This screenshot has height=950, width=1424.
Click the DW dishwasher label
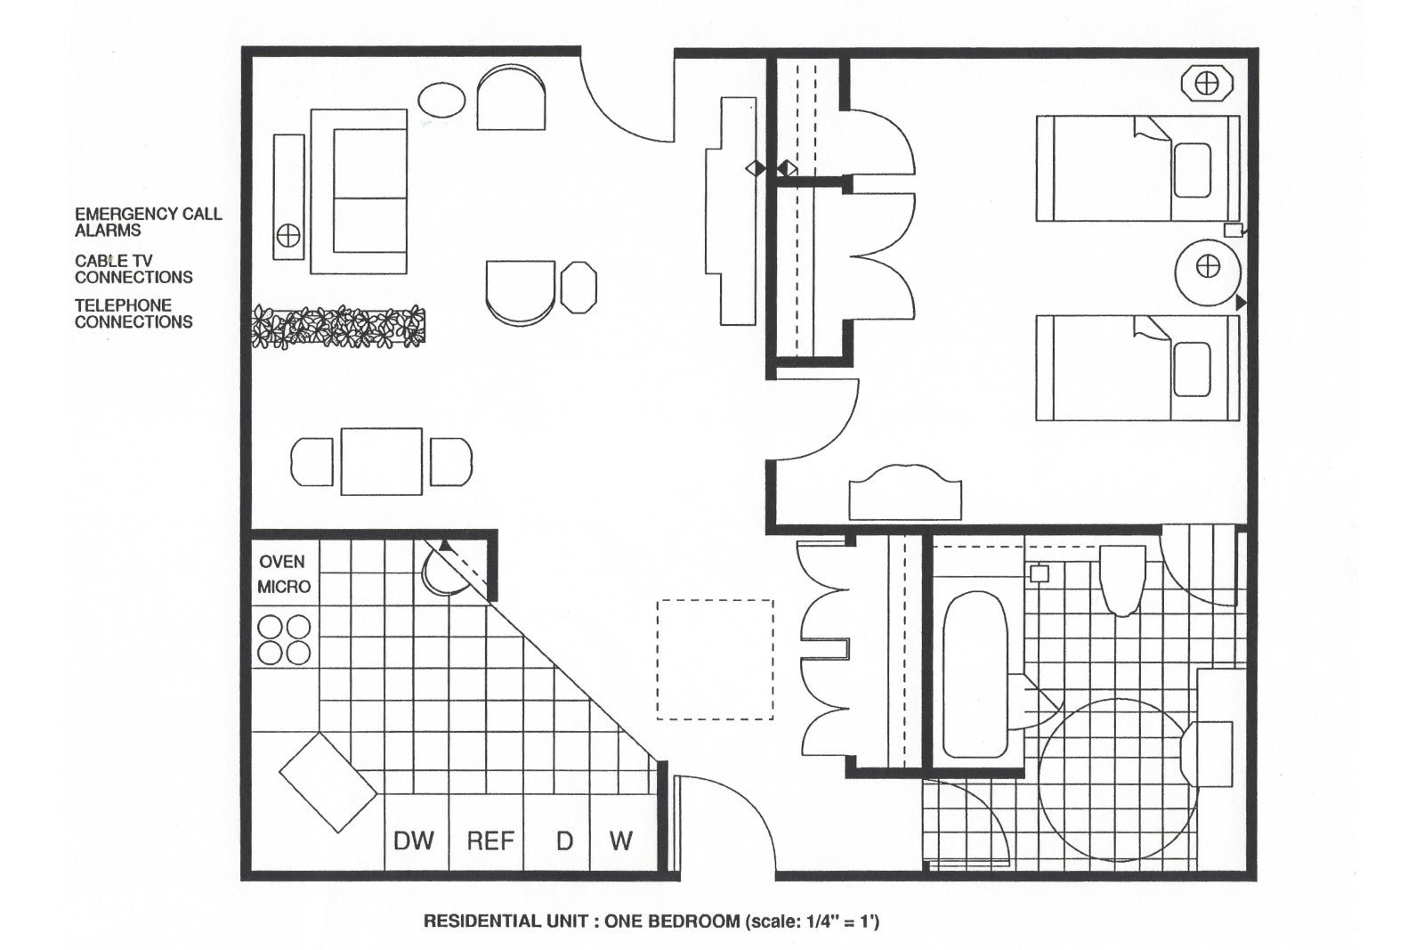tap(414, 840)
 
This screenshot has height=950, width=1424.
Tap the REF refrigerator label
tap(490, 840)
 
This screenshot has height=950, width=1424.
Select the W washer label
tap(620, 840)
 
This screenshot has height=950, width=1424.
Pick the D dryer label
tap(564, 840)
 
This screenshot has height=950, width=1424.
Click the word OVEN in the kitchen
tap(282, 562)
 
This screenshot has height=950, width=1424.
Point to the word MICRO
tap(284, 587)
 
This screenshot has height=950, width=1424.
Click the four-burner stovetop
tap(284, 640)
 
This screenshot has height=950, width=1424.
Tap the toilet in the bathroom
tap(1122, 579)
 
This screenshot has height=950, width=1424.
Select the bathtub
tap(975, 674)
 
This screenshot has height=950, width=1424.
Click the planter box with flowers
tap(338, 327)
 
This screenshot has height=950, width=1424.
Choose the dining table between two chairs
tap(381, 461)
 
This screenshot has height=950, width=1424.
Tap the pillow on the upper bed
tap(1192, 170)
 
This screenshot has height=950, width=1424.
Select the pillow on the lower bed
tap(1192, 369)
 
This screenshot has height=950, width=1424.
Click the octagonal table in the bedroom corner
tap(1207, 85)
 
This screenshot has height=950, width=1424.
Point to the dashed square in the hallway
tap(715, 659)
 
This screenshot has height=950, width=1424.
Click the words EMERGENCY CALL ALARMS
tap(148, 222)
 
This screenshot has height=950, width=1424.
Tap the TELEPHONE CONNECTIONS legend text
tap(133, 313)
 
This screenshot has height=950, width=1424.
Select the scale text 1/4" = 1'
tap(833, 922)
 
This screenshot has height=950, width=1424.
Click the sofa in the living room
tap(359, 191)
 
